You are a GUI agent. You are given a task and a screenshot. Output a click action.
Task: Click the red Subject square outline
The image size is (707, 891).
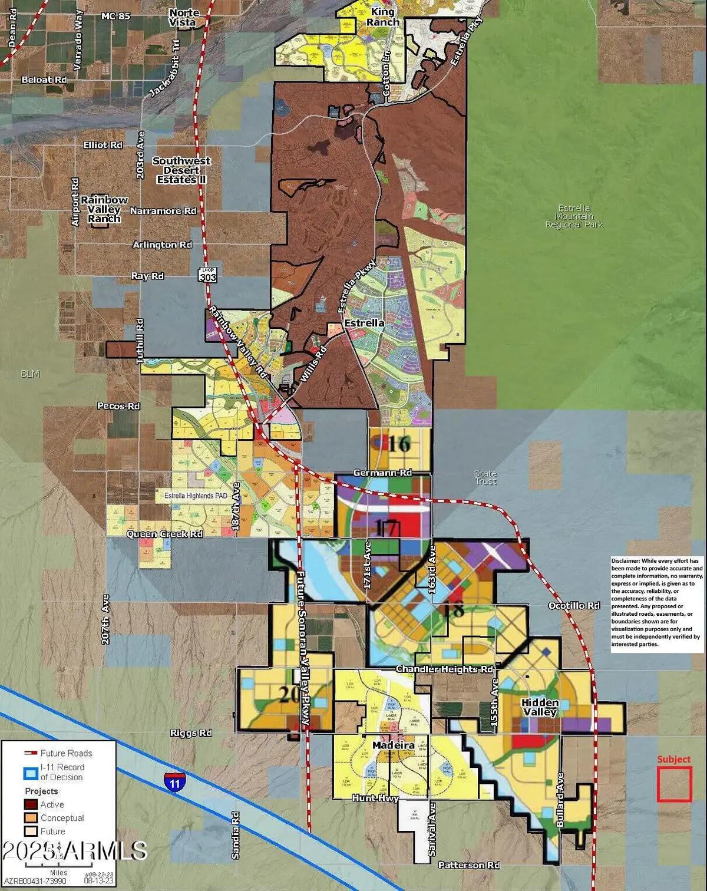[x=674, y=784]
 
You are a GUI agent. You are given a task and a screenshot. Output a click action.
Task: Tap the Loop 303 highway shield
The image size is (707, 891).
[x=207, y=275]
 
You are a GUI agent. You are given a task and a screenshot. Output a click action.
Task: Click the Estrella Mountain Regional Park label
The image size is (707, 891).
[x=574, y=216]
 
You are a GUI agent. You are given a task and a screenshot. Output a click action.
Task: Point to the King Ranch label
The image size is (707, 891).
[x=383, y=17]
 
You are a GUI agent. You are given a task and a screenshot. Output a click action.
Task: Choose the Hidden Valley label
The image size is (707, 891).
[x=540, y=707]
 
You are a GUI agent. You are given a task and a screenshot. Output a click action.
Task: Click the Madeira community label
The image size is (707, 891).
[x=393, y=745]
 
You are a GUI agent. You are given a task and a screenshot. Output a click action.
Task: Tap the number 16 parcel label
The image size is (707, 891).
[x=398, y=444]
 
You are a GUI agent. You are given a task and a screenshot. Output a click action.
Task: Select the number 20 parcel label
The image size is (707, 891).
[x=290, y=694]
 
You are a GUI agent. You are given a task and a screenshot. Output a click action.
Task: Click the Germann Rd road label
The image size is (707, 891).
[x=382, y=473]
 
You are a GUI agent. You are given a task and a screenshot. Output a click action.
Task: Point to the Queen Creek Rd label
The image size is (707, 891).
[x=164, y=534]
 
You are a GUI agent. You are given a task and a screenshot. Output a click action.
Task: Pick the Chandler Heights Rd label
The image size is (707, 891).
[x=444, y=669]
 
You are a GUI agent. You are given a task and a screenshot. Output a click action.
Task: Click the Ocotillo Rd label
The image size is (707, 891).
[x=573, y=606]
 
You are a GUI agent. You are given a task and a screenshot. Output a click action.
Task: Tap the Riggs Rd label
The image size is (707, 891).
[x=191, y=733]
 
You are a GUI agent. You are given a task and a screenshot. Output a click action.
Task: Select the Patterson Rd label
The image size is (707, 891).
[x=469, y=865]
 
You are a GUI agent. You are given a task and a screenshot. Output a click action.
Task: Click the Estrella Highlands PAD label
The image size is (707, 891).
[x=196, y=496]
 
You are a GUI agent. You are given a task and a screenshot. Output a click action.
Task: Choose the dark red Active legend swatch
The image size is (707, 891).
[x=31, y=804]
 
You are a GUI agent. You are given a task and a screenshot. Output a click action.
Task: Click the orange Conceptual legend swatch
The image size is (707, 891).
[x=31, y=818]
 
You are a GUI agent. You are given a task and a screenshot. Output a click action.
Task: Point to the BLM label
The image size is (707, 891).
[x=30, y=374]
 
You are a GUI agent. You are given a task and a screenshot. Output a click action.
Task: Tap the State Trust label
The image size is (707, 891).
[x=485, y=477]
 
